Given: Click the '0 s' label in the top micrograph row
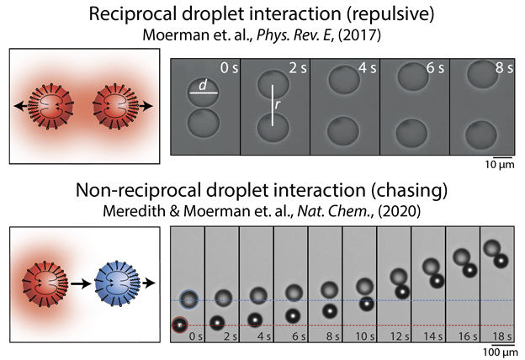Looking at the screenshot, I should [226, 66].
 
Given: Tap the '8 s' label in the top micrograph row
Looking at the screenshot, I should [504, 66].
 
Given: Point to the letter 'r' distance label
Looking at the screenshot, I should [278, 107].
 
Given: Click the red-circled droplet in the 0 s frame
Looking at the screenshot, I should [179, 325].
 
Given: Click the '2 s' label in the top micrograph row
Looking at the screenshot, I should [295, 66].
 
